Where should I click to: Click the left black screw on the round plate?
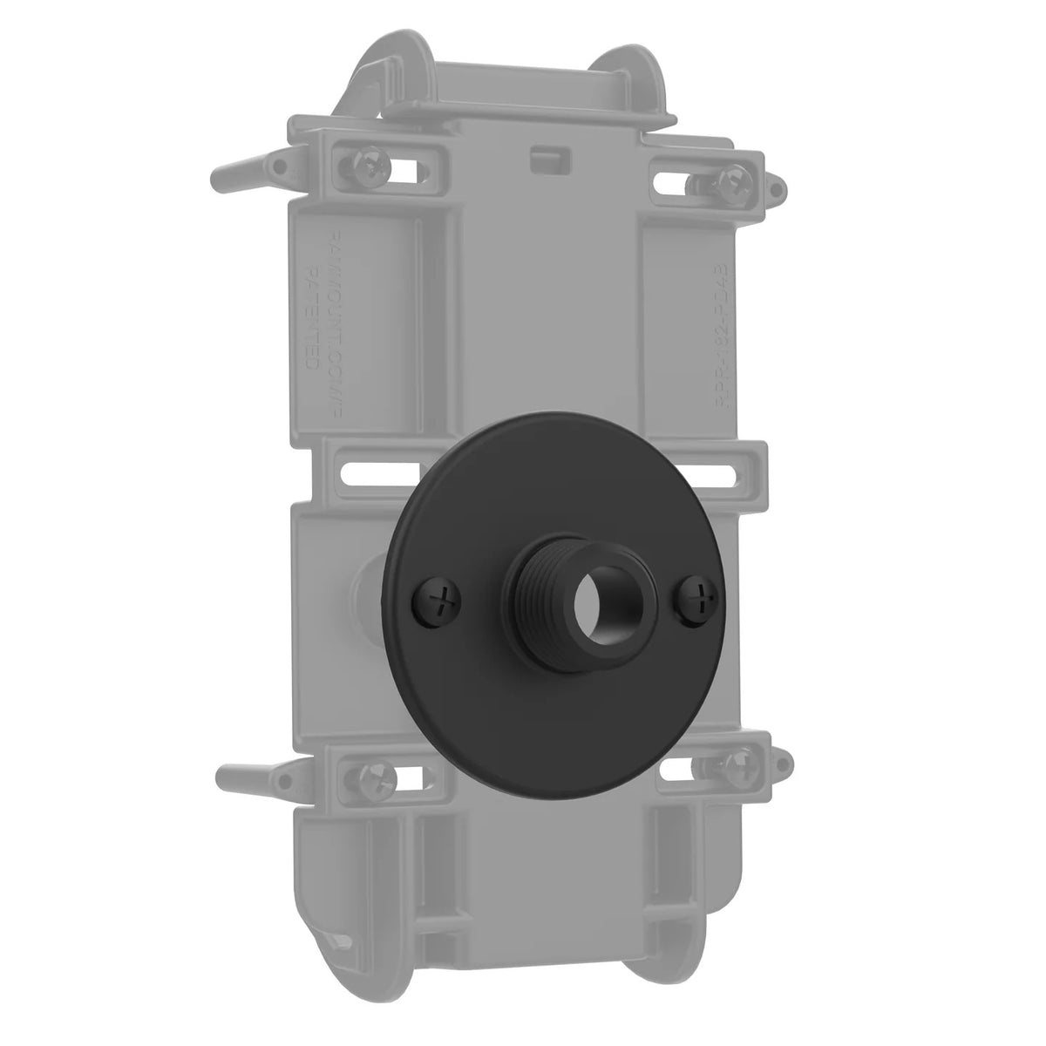442,601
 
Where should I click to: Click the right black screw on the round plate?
696,599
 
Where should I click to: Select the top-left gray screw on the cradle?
370,167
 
